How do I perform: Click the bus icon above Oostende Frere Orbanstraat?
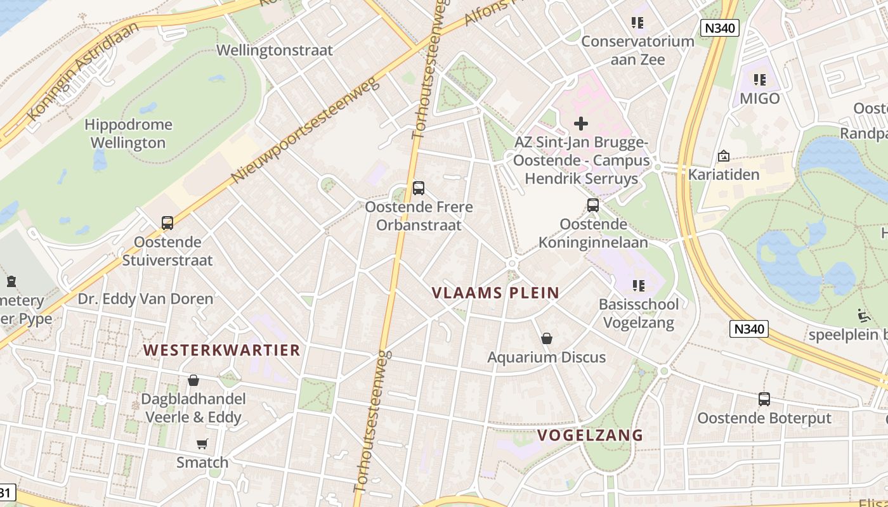pos(418,188)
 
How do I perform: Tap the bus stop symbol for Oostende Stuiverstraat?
pos(167,223)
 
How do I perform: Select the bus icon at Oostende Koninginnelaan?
pos(593,205)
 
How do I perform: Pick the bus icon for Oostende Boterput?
pos(764,399)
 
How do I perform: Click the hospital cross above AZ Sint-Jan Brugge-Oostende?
pos(581,124)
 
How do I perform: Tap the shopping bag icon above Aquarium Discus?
pos(547,339)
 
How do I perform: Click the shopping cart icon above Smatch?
pos(202,444)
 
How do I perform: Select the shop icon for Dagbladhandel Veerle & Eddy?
pos(193,380)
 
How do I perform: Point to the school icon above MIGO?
pos(760,80)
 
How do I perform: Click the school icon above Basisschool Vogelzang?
pos(638,286)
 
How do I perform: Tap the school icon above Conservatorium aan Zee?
pos(637,23)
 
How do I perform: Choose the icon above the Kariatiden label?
pos(724,156)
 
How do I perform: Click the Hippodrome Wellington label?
pos(128,134)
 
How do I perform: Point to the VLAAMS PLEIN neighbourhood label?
pos(495,293)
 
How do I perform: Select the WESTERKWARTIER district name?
pos(221,350)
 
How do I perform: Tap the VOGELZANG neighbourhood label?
pos(591,435)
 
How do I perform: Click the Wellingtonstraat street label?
pos(275,51)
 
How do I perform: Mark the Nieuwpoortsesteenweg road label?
pos(305,130)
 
